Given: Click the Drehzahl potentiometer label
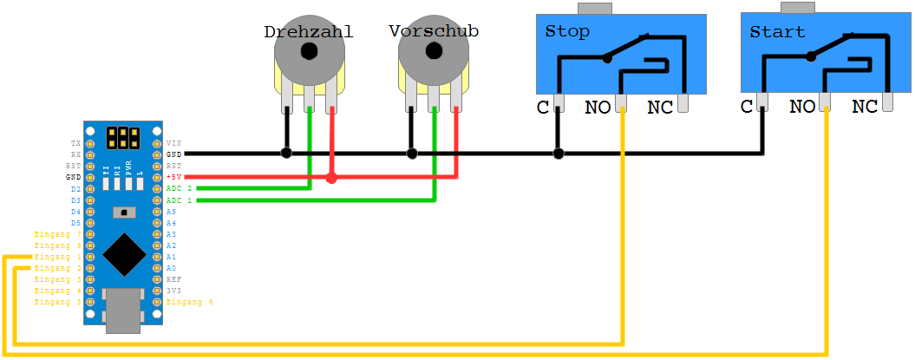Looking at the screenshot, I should pyautogui.click(x=309, y=32).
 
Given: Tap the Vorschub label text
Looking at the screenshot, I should pyautogui.click(x=434, y=30).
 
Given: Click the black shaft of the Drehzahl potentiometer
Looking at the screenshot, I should pyautogui.click(x=308, y=52).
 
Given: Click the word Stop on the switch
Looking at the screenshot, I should pyautogui.click(x=567, y=32).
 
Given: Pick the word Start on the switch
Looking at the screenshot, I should pyautogui.click(x=777, y=32).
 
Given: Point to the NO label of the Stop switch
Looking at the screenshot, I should pyautogui.click(x=598, y=108).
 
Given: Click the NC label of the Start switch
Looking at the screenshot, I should pyautogui.click(x=865, y=107).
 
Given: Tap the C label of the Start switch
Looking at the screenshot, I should pyautogui.click(x=747, y=107).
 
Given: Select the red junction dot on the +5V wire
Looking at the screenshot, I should pyautogui.click(x=331, y=178).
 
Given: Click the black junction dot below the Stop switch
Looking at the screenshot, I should pyautogui.click(x=559, y=154).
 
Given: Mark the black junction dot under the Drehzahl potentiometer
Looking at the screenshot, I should pyautogui.click(x=286, y=154).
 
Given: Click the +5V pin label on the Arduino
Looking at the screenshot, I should pyautogui.click(x=174, y=177).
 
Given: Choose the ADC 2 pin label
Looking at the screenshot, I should pyautogui.click(x=179, y=188).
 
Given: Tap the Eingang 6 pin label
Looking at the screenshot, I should pyautogui.click(x=189, y=302).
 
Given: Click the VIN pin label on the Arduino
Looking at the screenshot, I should pyautogui.click(x=173, y=142).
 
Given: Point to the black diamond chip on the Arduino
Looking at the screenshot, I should pyautogui.click(x=124, y=253).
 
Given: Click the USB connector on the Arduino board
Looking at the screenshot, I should pyautogui.click(x=123, y=311).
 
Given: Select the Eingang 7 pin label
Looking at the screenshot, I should pyautogui.click(x=57, y=234).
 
